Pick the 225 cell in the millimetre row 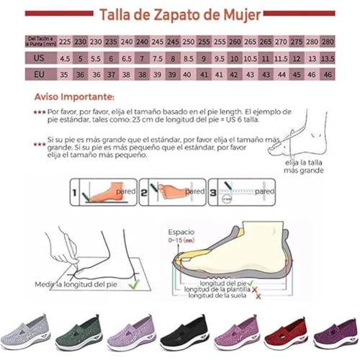pos(64,41)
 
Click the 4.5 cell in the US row pos(64,58)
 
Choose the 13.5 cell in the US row pos(328,58)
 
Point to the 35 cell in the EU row pos(64,73)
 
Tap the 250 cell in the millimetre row pos(189,41)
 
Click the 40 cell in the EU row pos(189,73)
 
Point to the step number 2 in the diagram pos(143,193)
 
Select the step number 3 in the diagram pos(212,193)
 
